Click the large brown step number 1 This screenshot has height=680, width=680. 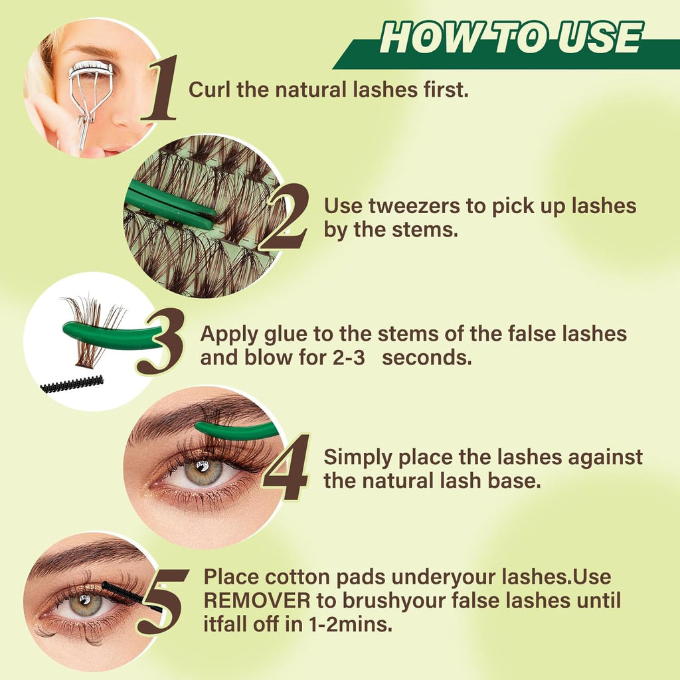(160, 88)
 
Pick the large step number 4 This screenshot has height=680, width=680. (286, 467)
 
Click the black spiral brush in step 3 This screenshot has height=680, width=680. (72, 384)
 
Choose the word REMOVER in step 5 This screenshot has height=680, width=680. (257, 600)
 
